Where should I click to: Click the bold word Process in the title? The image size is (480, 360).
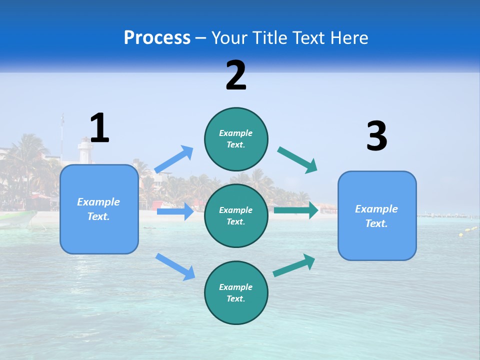157,37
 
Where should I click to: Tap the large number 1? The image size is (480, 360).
99,128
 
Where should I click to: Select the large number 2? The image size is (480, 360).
236,75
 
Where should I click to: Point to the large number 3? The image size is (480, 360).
376,136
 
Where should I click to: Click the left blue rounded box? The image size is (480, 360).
99,209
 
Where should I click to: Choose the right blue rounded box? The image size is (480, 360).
377,215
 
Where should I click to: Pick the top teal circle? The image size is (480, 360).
236,138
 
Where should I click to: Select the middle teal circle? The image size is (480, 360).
236,215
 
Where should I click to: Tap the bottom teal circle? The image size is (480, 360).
236,292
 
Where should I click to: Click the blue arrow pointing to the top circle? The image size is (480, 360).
174,159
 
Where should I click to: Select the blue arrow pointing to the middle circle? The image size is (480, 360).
175,211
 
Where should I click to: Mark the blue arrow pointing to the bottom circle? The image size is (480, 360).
175,266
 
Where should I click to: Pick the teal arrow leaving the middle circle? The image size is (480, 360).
296,210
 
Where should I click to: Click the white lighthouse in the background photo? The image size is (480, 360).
85,152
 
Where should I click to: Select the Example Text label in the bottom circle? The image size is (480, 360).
236,292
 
